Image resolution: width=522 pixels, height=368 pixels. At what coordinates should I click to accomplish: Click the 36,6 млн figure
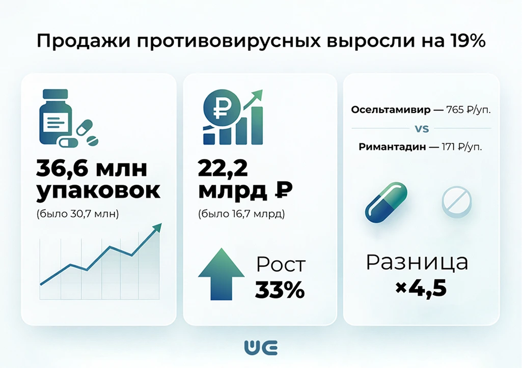[92, 169]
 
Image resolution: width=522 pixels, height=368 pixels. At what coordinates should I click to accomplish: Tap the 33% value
[280, 290]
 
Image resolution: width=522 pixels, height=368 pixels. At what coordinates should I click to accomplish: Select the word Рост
[281, 265]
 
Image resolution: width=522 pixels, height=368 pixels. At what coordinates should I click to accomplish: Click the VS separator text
[421, 129]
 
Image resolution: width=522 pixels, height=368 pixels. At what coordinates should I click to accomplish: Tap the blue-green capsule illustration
[386, 203]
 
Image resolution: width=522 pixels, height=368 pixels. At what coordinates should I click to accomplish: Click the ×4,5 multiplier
[421, 289]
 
